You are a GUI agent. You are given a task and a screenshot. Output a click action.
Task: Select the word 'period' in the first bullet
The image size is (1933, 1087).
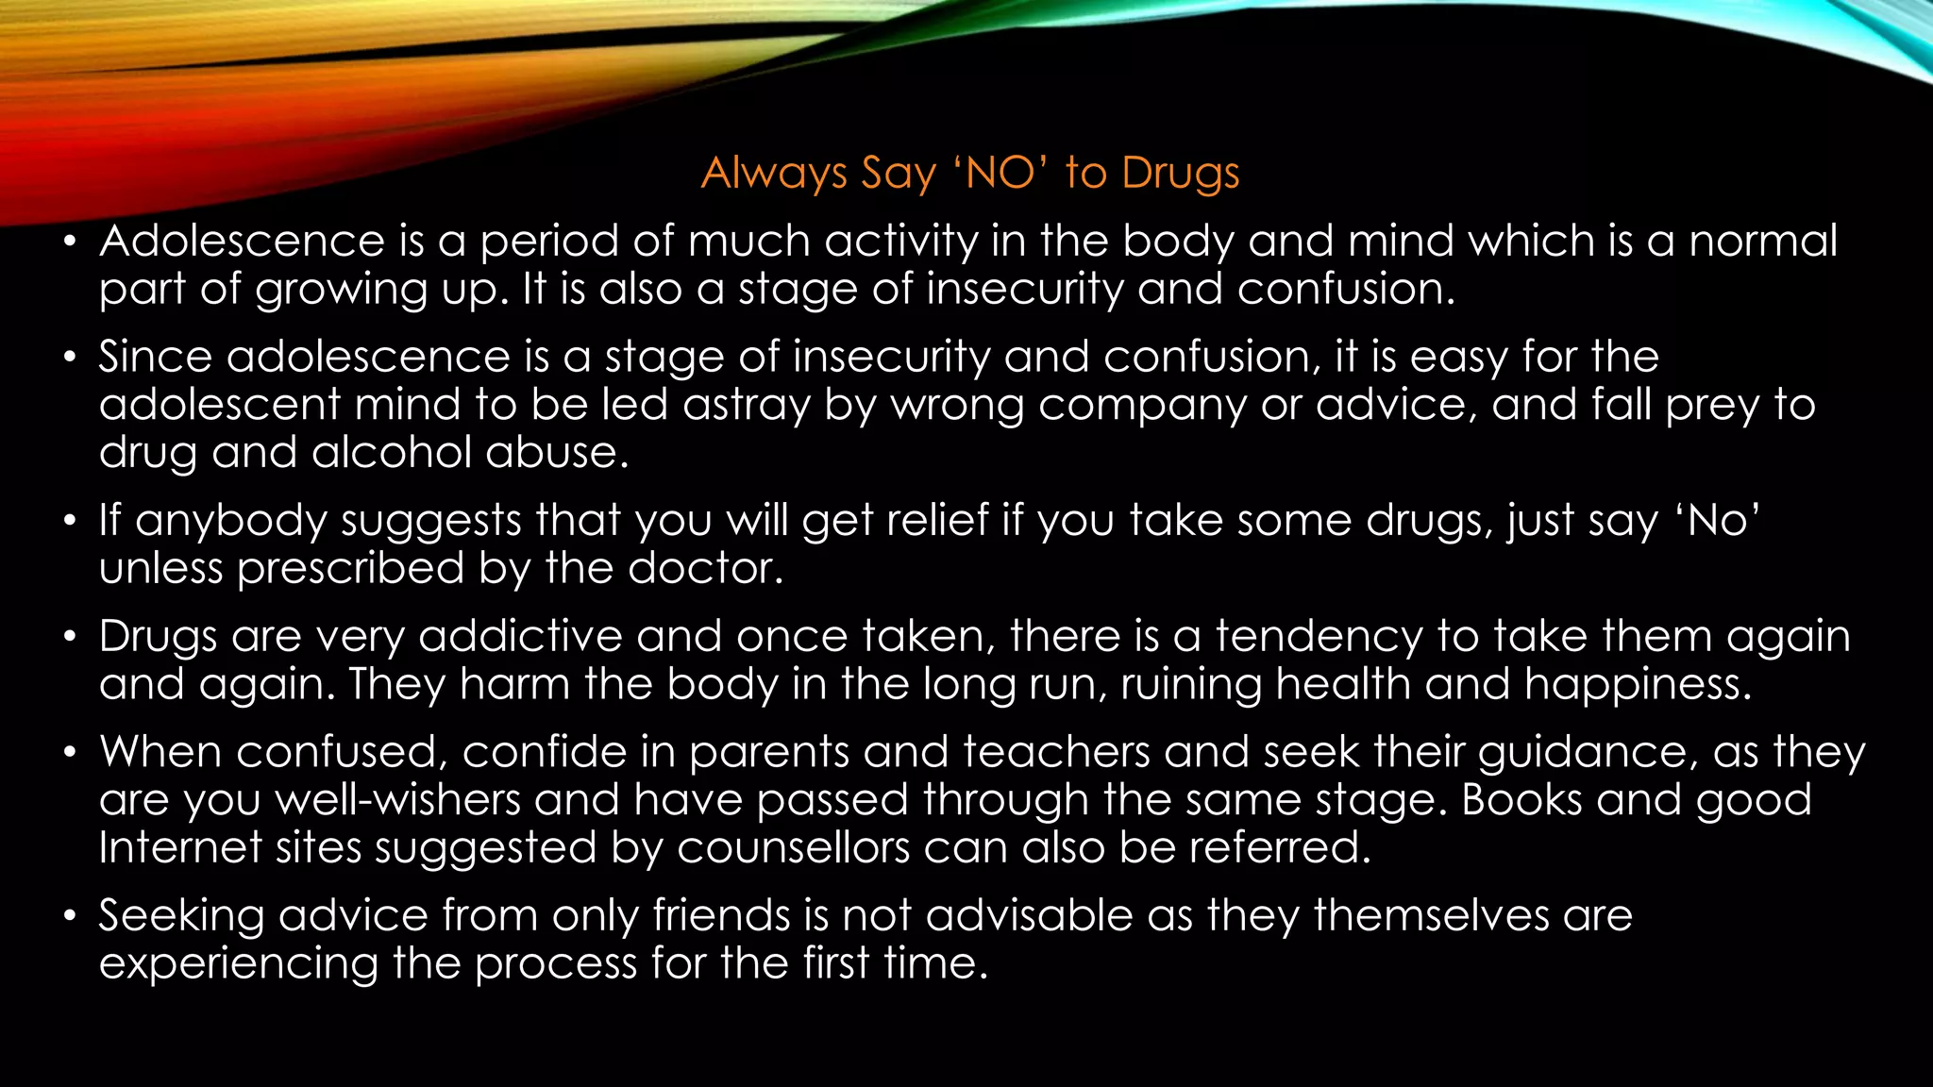coord(548,242)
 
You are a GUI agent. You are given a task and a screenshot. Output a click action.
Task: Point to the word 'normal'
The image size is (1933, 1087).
coord(1762,241)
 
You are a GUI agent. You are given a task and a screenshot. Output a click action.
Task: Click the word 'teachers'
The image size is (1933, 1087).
coord(1056,752)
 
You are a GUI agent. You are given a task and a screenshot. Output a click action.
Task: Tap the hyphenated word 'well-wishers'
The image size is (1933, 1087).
coord(398,800)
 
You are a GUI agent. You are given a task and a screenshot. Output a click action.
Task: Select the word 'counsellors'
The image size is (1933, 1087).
coord(793,847)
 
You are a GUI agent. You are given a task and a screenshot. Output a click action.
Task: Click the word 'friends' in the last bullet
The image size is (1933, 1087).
coord(721,915)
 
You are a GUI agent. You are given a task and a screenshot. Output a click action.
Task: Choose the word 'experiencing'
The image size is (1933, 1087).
coord(238,964)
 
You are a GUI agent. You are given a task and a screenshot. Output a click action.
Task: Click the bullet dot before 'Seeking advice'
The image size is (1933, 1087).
coord(69,916)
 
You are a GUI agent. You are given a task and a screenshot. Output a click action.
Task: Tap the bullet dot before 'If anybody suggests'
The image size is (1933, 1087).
coord(69,521)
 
